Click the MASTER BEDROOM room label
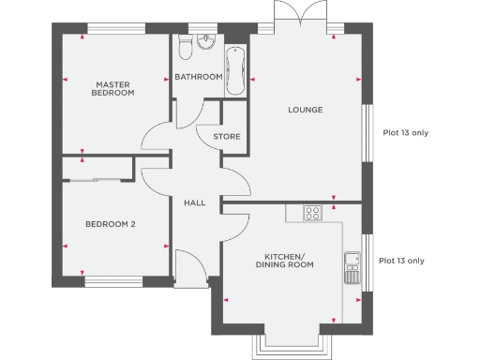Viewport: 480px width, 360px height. [112, 88]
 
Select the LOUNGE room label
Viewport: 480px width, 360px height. [305, 110]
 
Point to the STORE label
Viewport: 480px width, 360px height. [227, 137]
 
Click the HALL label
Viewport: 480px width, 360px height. [194, 202]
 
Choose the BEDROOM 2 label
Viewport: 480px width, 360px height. [111, 224]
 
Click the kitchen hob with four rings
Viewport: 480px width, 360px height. [313, 214]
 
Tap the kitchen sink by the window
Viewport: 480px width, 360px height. [352, 267]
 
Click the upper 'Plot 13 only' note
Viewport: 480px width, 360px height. [405, 133]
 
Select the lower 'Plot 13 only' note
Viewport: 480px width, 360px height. [401, 261]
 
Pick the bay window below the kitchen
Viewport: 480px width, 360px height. [292, 344]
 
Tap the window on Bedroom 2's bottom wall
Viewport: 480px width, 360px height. [112, 280]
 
